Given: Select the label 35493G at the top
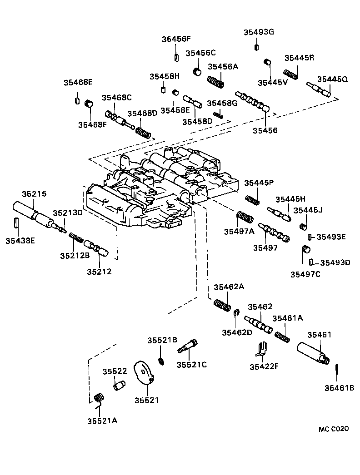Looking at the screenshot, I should [259, 32].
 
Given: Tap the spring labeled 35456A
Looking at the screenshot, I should [216, 82].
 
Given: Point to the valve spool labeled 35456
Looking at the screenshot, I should [252, 102].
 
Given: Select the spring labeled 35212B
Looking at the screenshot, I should [75, 237].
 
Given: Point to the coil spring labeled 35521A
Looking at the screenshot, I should [99, 399].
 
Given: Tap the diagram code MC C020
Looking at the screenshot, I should [333, 429].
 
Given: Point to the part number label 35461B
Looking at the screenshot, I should [339, 388].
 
